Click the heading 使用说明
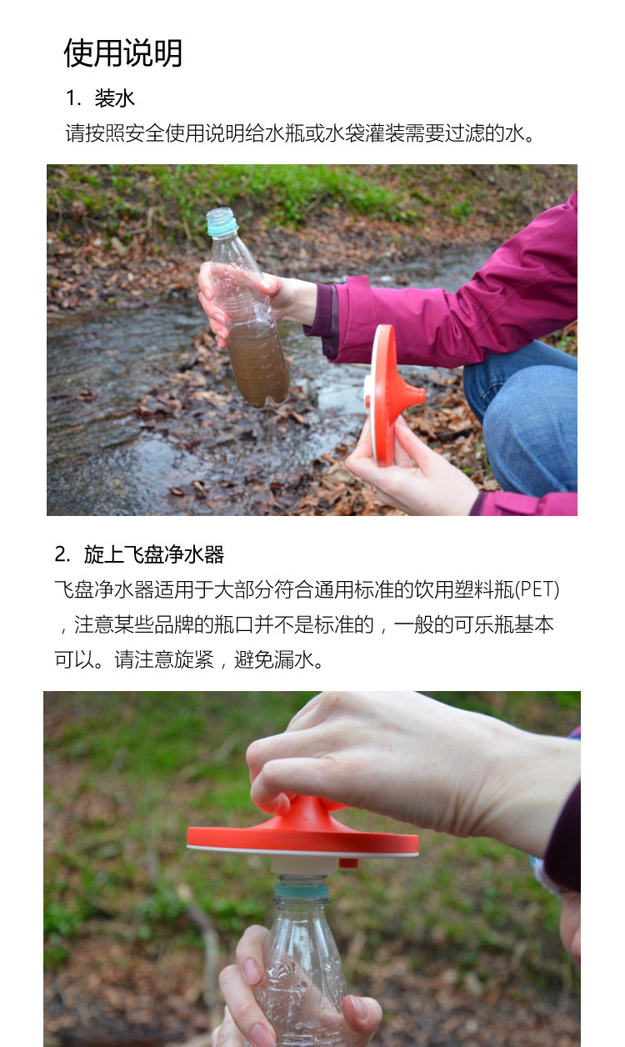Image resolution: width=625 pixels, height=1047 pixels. click(x=122, y=53)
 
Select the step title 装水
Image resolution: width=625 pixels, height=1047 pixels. click(x=114, y=98)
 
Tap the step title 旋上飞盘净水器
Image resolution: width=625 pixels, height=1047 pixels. click(x=153, y=554)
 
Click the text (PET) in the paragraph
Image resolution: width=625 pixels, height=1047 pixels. click(x=537, y=590)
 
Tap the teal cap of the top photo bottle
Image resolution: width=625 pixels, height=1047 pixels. click(x=222, y=222)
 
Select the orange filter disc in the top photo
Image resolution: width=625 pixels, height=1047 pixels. click(x=386, y=392)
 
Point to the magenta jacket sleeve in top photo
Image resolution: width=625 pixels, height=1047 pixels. click(x=467, y=300)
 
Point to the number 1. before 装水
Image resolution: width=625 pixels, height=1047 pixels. click(x=72, y=98)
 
